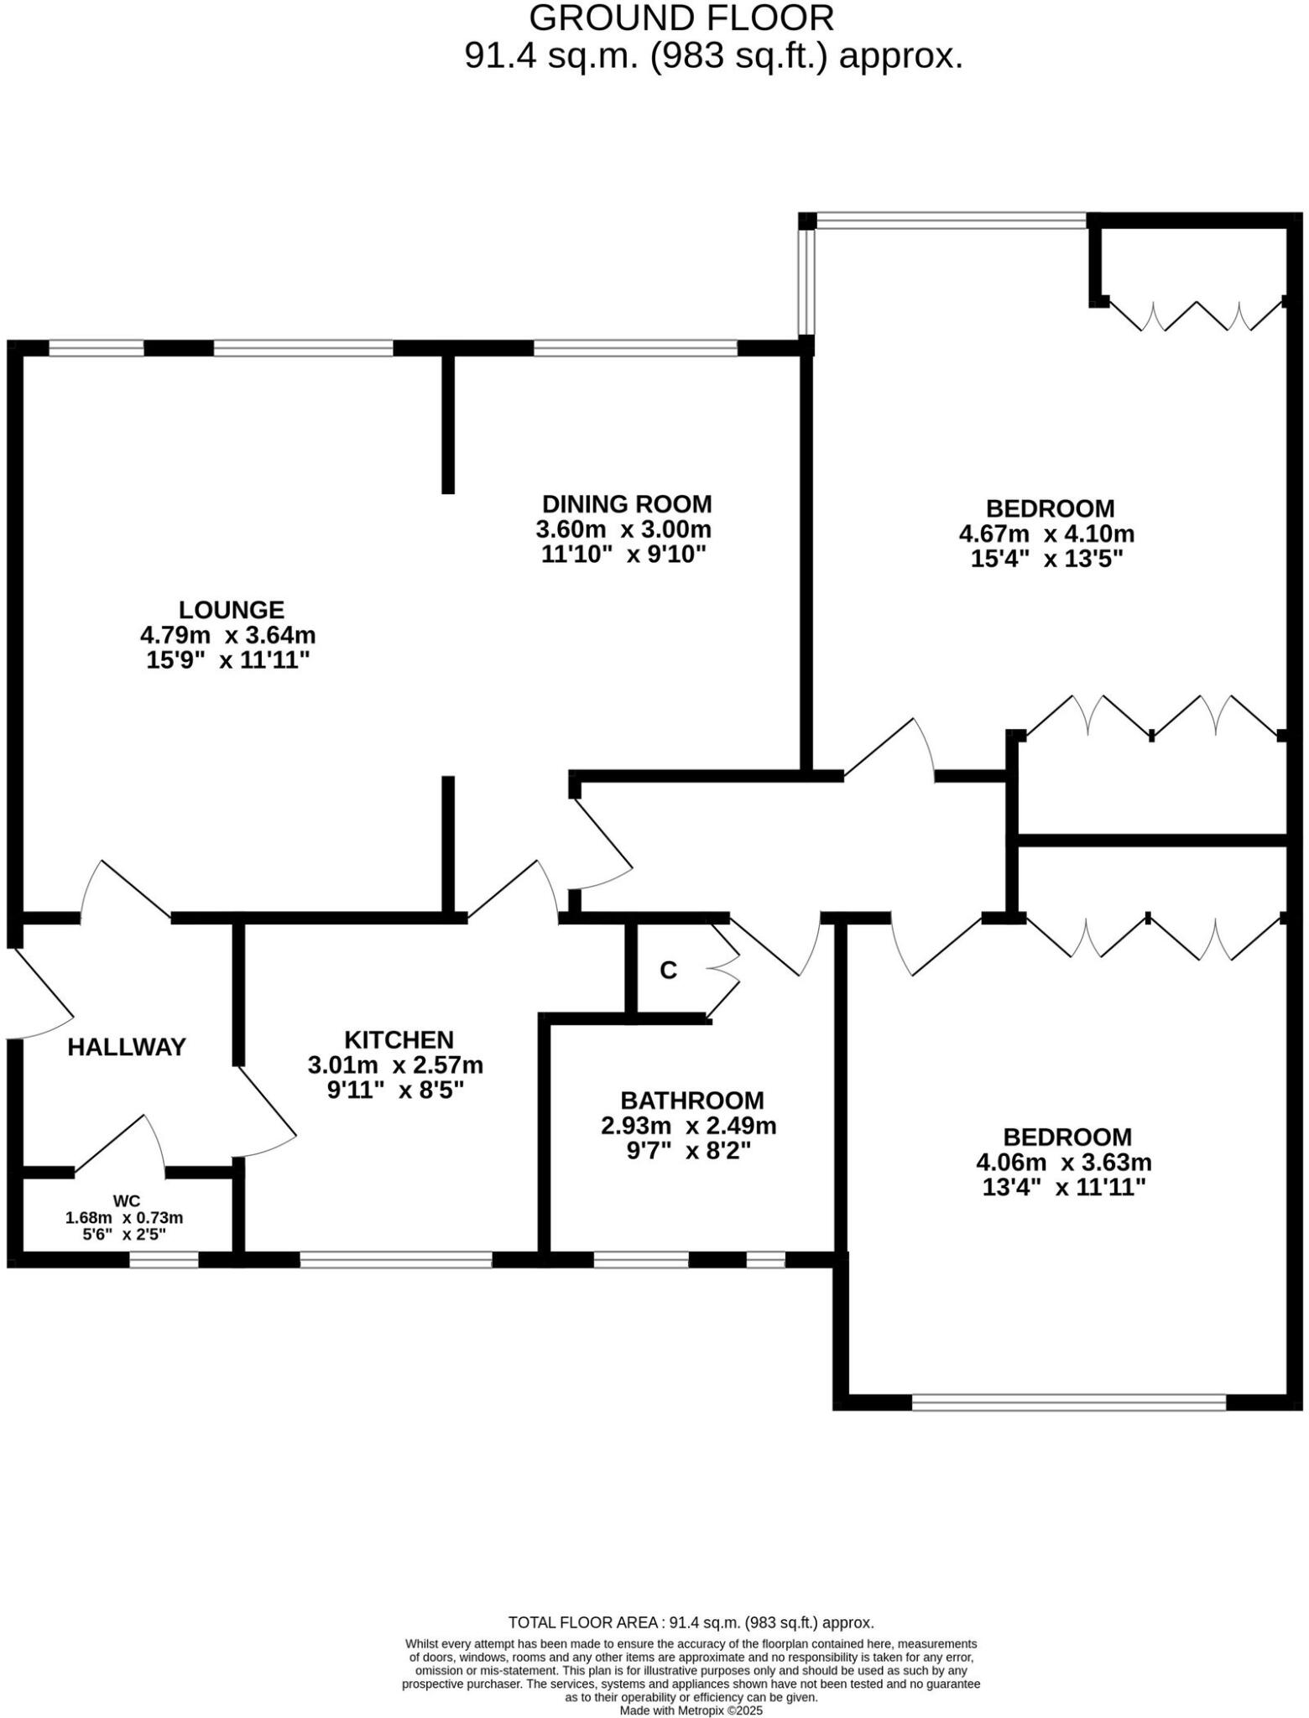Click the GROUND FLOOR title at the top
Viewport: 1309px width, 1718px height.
point(681,18)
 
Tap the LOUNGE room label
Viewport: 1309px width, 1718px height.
point(232,610)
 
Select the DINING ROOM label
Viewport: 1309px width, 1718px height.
point(626,504)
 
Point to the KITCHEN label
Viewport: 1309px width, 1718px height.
point(399,1040)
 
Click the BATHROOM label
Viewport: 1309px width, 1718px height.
point(692,1100)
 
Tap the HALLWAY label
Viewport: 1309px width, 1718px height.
point(127,1047)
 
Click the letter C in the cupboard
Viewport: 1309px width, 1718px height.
point(668,971)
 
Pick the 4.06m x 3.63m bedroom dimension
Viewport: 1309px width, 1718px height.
point(1063,1163)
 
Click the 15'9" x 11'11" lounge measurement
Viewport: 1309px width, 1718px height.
point(228,660)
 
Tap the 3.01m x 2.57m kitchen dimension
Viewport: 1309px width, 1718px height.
point(395,1065)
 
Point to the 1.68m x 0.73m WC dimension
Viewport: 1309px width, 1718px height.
point(124,1217)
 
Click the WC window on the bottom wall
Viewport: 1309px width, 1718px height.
point(164,1259)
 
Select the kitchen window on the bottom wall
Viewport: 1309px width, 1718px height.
point(395,1259)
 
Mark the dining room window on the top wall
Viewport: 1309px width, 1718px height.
point(635,347)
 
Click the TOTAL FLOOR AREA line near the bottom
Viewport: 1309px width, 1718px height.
point(691,1622)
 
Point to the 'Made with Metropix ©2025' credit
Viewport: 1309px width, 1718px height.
point(691,1710)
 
